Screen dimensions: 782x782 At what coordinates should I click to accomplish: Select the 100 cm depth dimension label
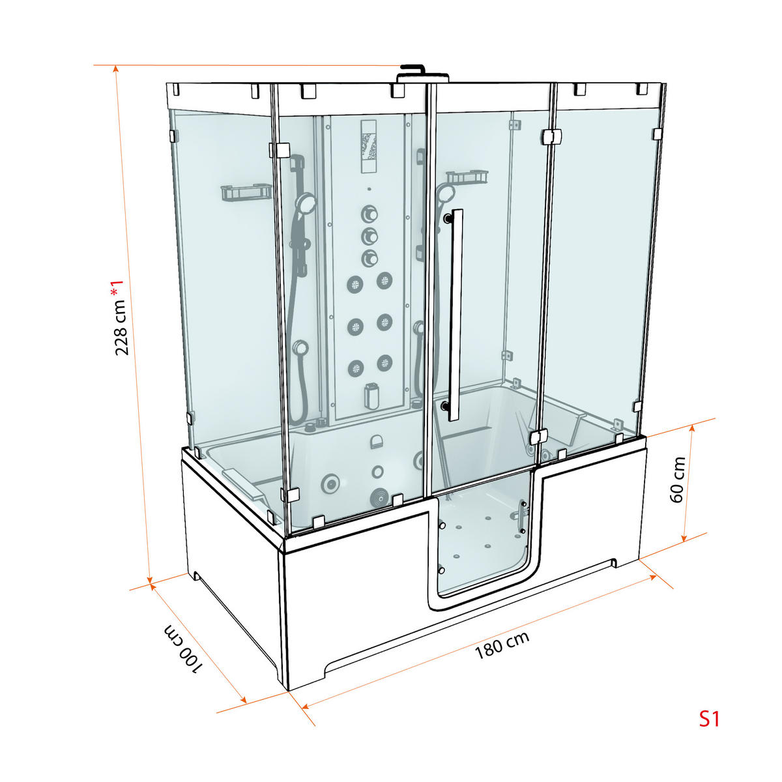click(183, 649)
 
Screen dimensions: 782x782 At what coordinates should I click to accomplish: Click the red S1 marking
click(709, 719)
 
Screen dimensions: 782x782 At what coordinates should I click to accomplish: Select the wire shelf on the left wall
click(246, 193)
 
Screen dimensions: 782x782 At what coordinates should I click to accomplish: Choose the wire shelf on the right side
click(467, 177)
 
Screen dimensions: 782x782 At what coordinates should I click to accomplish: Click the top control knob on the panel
click(369, 214)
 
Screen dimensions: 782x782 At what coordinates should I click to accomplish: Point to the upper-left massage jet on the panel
click(355, 283)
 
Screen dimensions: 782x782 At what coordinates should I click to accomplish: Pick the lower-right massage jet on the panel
click(385, 363)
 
